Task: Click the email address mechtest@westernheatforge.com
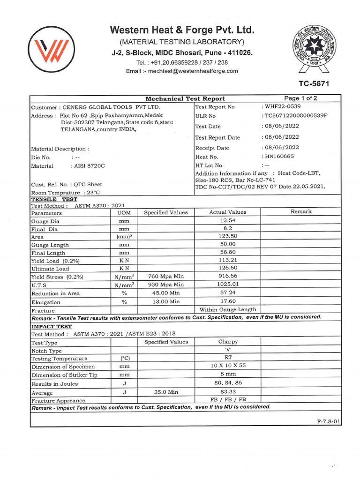(x=182, y=71)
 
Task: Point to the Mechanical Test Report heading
(x=185, y=98)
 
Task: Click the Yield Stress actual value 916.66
(x=227, y=277)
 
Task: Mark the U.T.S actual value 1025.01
(x=227, y=285)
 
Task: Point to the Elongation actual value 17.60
(x=227, y=301)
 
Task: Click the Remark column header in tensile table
(x=301, y=212)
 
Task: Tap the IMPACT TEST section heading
(x=52, y=326)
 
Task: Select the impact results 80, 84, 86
(x=227, y=383)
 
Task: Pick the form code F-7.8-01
(x=329, y=422)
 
